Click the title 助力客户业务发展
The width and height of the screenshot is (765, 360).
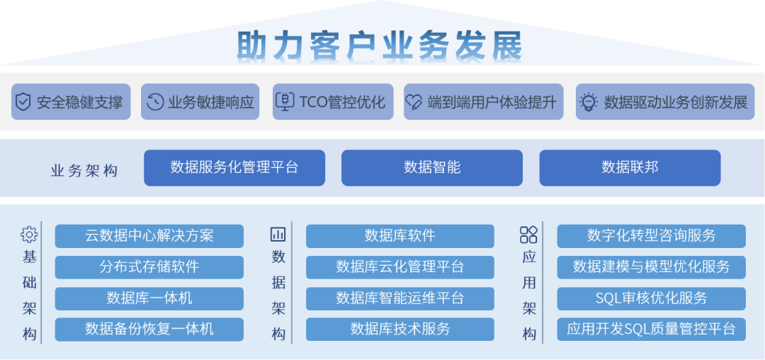click(380, 45)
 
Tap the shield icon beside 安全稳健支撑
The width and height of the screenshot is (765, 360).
click(23, 102)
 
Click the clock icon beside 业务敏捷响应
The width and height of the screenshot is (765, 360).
click(154, 102)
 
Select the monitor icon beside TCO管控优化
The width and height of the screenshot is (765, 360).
click(285, 102)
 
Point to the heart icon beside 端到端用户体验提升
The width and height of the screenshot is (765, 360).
click(414, 103)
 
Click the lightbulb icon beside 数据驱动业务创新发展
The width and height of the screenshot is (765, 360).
click(589, 102)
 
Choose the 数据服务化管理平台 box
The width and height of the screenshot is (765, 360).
click(234, 168)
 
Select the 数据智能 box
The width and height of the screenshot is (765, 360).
click(432, 168)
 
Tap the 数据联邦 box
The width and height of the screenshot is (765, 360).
click(630, 168)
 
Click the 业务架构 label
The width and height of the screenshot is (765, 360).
click(84, 171)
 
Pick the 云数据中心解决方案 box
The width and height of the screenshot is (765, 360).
click(149, 236)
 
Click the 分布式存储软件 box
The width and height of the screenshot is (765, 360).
click(149, 267)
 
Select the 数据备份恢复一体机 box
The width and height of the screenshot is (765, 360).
click(149, 329)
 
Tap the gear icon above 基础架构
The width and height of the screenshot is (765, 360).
click(29, 235)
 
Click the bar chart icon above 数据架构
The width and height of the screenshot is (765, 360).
click(278, 235)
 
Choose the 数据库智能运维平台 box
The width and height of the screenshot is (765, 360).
click(400, 298)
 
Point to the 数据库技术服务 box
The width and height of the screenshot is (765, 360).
click(400, 329)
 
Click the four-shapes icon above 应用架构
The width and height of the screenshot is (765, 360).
click(528, 235)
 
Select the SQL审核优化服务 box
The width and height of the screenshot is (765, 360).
click(652, 298)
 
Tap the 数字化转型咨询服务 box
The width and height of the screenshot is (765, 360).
click(652, 236)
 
